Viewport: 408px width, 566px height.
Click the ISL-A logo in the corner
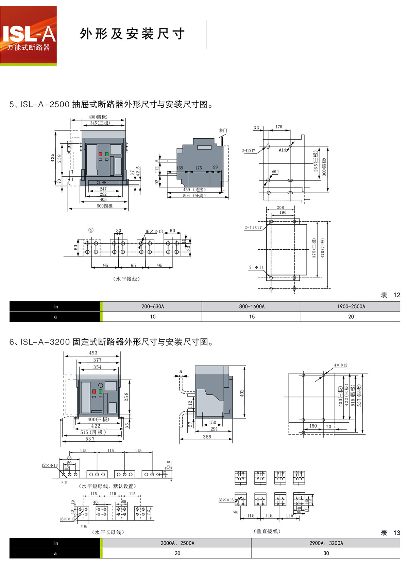tap(29, 36)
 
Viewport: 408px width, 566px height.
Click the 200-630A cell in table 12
tap(153, 306)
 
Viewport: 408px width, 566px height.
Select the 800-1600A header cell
tap(252, 306)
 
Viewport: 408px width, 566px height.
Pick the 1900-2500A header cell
tap(351, 306)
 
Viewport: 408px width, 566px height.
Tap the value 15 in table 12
tap(252, 317)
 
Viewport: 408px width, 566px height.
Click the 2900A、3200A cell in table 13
tap(326, 543)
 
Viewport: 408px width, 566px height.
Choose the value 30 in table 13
tap(326, 553)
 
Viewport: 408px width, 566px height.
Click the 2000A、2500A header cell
tap(177, 543)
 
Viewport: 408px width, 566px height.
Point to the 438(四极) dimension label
tap(98, 117)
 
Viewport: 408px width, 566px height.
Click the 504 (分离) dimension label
tap(194, 196)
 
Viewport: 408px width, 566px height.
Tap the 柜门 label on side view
tap(223, 130)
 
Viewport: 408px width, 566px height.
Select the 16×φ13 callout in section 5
tap(154, 231)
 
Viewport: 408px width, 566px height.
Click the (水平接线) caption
tap(126, 279)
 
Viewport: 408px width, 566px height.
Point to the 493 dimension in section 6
tap(93, 353)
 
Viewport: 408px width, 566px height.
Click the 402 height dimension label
tap(242, 393)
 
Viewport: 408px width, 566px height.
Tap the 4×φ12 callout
tap(340, 365)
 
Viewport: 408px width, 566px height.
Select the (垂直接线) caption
tap(267, 531)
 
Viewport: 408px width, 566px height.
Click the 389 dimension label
tap(207, 437)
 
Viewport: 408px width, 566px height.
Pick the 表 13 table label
tap(390, 533)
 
